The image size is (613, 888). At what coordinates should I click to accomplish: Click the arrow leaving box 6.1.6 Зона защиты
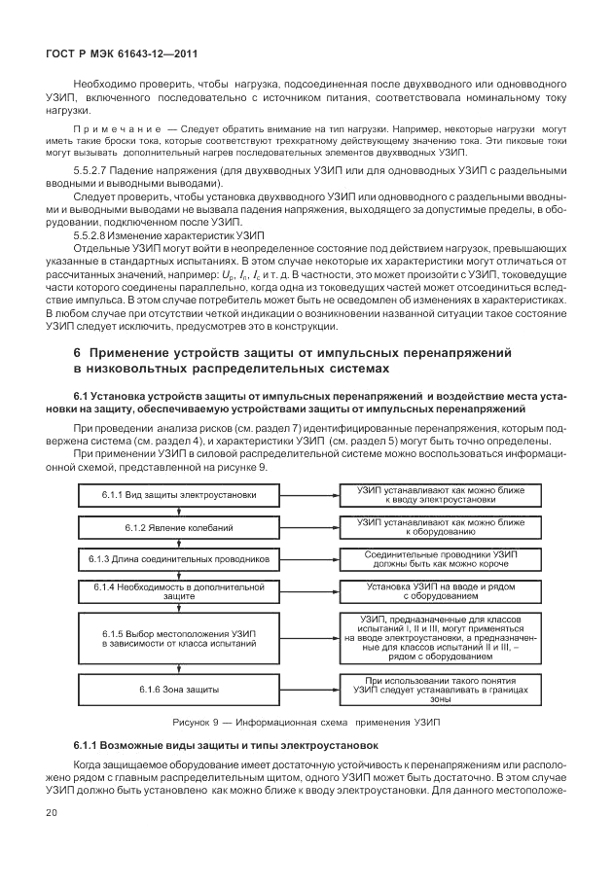pyautogui.click(x=306, y=690)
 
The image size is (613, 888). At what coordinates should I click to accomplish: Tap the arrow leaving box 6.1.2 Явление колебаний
pyautogui.click(x=306, y=527)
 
